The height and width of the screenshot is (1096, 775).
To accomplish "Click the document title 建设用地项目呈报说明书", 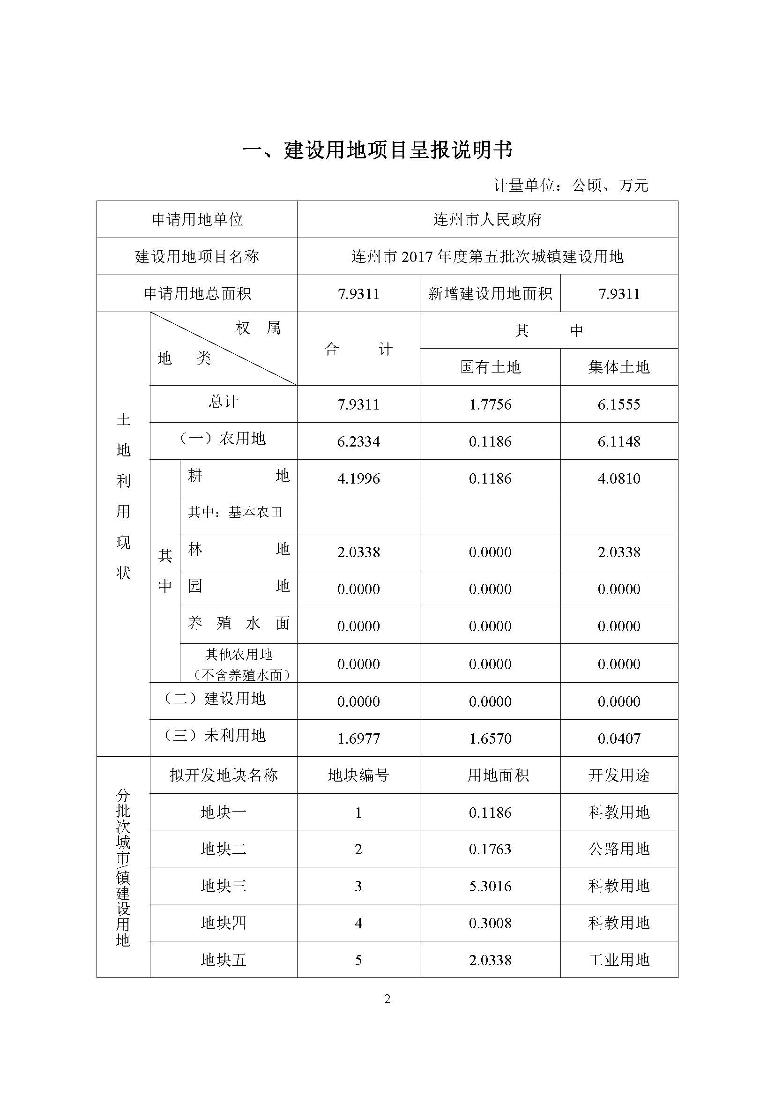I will coord(377,150).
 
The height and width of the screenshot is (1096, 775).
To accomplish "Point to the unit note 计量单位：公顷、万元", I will coord(570,185).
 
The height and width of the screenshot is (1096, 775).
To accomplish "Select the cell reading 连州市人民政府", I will coord(487,220).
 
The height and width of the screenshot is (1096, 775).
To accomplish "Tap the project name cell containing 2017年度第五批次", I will coord(487,257).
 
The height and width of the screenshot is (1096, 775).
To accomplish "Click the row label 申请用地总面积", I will coord(197,294).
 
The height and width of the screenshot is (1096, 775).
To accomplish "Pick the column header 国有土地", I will coord(490,367).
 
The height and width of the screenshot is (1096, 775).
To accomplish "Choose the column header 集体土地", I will coord(619,367).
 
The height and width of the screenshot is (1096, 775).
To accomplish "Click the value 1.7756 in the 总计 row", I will coord(490,404).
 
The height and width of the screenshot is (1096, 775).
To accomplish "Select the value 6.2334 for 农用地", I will coord(358,441).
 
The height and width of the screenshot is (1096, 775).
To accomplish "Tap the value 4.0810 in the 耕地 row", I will coord(619,478).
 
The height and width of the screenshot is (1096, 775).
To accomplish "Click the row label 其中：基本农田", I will coord(235,513).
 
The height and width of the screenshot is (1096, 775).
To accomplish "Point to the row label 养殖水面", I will coord(238,623).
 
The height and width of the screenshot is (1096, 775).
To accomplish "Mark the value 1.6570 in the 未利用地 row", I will coord(490,738).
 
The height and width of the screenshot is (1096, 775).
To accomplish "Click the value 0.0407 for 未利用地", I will coord(619,738).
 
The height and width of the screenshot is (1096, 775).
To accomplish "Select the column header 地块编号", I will coord(358,775).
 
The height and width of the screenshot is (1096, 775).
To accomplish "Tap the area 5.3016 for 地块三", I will coord(490,886).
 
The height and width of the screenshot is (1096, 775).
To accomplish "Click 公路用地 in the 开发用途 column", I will coord(619,849).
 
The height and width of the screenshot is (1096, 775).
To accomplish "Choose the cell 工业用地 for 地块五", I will coord(619,960).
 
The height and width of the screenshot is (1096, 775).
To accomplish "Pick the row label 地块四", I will coord(224,923).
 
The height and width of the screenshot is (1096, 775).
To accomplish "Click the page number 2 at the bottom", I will coord(387,999).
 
